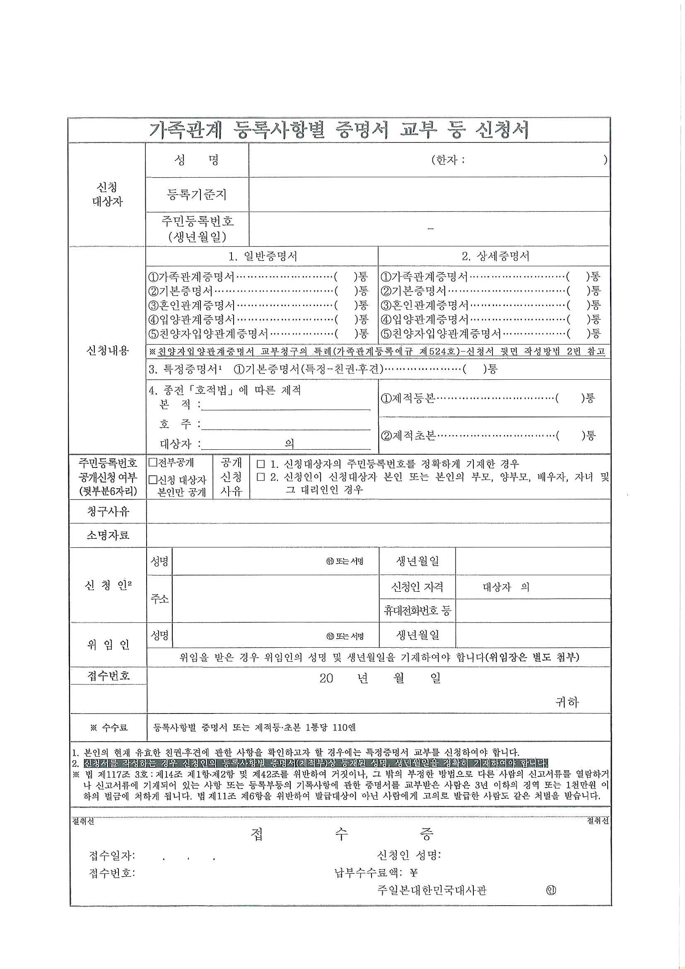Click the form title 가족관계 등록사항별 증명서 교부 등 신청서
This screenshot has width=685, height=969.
coord(339,130)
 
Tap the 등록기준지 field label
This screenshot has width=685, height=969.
coord(197,194)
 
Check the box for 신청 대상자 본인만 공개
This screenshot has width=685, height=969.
coord(153,480)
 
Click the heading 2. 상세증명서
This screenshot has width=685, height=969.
coord(495,256)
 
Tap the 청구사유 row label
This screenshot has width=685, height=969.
coord(108,511)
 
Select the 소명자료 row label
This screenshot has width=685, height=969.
coord(108,535)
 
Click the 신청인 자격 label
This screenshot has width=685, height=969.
coord(417,587)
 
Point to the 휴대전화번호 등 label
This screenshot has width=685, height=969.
coord(417,611)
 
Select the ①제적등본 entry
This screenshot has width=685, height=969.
coord(408,398)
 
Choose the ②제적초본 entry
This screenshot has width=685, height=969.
coord(408,436)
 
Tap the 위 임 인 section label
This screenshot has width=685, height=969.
coord(108,645)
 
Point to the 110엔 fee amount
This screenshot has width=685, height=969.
coord(344,727)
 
